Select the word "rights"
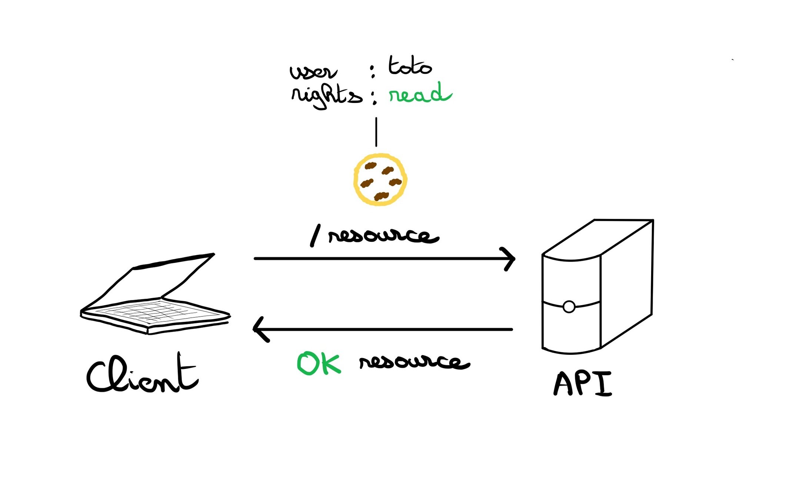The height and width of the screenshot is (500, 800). [x=326, y=96]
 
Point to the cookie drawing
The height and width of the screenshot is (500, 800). [x=380, y=180]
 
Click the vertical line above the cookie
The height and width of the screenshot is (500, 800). [x=376, y=132]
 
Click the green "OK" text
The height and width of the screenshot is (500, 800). [x=319, y=363]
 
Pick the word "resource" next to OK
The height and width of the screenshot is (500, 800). [x=414, y=361]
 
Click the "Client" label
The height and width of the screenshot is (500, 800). [x=143, y=374]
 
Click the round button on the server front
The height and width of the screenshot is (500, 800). [x=569, y=307]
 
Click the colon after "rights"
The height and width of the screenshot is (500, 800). [x=374, y=97]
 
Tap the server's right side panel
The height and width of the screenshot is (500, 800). [x=626, y=283]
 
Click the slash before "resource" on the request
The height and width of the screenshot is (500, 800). [x=315, y=236]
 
